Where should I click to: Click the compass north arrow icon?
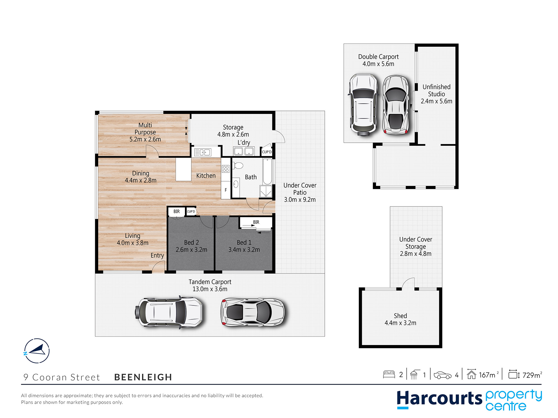pyautogui.click(x=37, y=351)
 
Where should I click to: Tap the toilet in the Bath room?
pyautogui.click(x=238, y=166)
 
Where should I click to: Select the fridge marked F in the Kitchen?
pyautogui.click(x=226, y=190)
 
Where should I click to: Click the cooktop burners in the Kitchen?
pyautogui.click(x=226, y=169)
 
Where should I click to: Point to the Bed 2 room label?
pyautogui.click(x=191, y=242)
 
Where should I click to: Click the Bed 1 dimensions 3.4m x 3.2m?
pyautogui.click(x=244, y=250)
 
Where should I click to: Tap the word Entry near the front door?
pyautogui.click(x=157, y=256)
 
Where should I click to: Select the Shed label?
pyautogui.click(x=400, y=316)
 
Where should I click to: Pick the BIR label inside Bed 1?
pyautogui.click(x=256, y=222)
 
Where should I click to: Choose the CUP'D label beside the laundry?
pyautogui.click(x=267, y=152)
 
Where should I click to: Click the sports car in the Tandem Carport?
pyautogui.click(x=252, y=312)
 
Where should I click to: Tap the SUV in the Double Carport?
pyautogui.click(x=363, y=105)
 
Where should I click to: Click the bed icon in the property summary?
pyautogui.click(x=389, y=374)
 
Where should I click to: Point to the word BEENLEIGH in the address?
pyautogui.click(x=143, y=377)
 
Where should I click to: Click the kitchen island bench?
pyautogui.click(x=183, y=169)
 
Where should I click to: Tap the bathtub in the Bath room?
pyautogui.click(x=267, y=171)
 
